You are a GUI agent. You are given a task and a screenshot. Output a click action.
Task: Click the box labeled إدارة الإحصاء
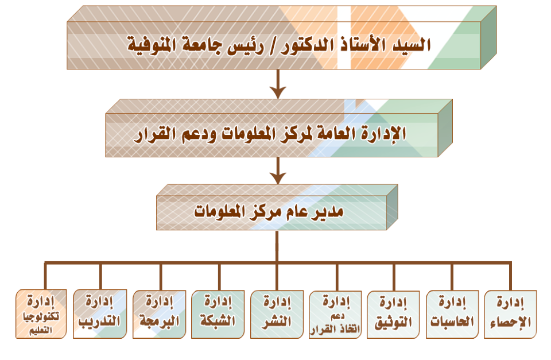[510, 314]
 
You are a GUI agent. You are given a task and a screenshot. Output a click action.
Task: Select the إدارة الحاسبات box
[452, 314]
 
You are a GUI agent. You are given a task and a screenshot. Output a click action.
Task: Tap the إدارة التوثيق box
[393, 314]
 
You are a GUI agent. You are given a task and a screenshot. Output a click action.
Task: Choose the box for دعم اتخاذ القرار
[335, 314]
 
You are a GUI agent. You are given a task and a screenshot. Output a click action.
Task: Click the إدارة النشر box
[277, 314]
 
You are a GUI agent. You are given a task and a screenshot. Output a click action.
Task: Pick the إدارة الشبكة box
[218, 314]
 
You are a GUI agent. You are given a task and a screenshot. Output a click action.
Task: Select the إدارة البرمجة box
[159, 314]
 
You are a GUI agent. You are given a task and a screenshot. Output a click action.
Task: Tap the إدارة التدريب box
[100, 314]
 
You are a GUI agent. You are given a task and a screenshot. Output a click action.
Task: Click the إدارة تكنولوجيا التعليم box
[41, 314]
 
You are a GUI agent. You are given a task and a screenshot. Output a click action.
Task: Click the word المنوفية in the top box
[151, 45]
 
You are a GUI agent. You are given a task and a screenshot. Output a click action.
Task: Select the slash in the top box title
[272, 46]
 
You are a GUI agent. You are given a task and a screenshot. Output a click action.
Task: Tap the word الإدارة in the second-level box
[383, 134]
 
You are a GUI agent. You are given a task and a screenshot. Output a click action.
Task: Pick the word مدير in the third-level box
[328, 212]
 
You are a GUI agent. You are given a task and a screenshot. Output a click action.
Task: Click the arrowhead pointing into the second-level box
[278, 92]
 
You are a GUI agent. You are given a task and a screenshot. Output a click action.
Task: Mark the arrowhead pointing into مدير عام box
[278, 178]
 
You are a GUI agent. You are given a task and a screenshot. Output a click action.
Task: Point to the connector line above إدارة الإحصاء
[510, 276]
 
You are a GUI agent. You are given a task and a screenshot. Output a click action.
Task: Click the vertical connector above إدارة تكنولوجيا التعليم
[45, 276]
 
